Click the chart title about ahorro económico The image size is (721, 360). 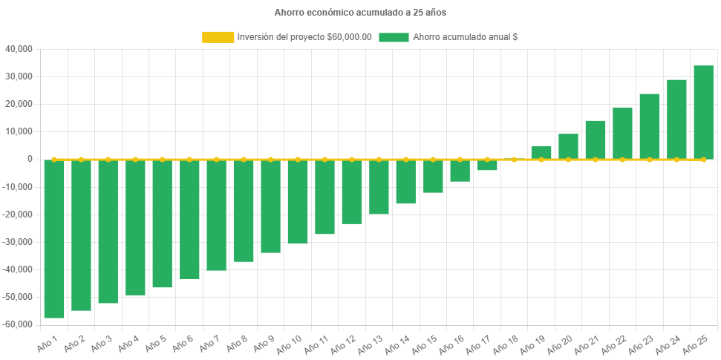coord(360,12)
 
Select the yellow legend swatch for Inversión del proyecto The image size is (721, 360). coord(218,37)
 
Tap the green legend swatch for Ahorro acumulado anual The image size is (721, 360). coord(394,37)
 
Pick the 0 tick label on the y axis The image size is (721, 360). coord(30,159)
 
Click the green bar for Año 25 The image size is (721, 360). coord(703,112)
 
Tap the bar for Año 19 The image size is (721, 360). coord(541,152)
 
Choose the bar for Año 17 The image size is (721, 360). coord(487,165)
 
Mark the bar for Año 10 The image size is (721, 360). coord(298,202)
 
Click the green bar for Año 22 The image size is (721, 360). coord(622,134)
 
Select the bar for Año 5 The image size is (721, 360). coord(163,223)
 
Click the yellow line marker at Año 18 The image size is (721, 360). coord(514,160)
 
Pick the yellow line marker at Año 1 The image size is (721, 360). coord(54,160)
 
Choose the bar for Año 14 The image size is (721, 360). coord(406,182)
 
